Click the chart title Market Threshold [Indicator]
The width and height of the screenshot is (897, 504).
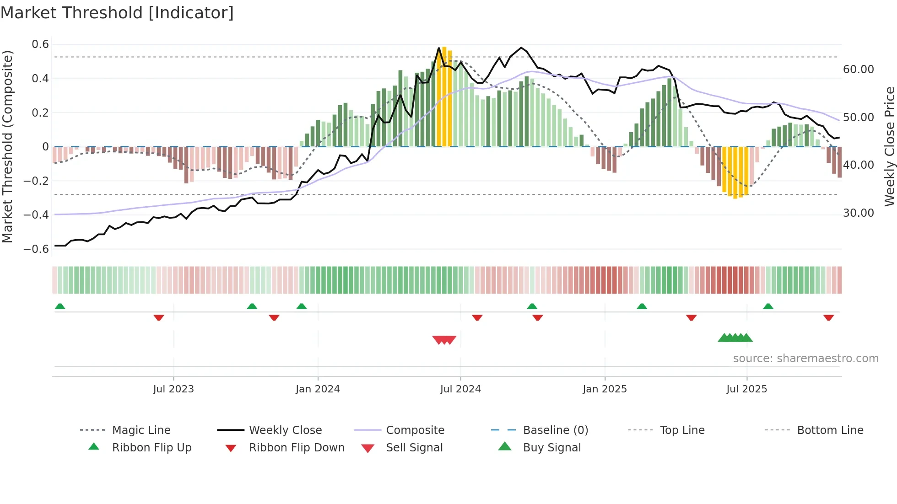pos(117,13)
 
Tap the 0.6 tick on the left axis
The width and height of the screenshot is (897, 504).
pos(40,44)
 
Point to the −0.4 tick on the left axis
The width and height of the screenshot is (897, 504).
pos(36,214)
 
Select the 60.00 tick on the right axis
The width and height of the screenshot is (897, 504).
pos(858,70)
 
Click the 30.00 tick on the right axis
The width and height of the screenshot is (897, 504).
pos(858,213)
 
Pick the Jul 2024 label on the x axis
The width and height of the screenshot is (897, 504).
pos(460,389)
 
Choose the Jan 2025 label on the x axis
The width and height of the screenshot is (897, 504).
pos(605,389)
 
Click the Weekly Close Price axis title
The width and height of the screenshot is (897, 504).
pos(889,146)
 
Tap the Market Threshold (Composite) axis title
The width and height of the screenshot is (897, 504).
pos(7,146)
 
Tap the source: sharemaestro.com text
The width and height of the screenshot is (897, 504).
pos(805,359)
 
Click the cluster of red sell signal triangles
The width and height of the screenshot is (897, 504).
pos(444,340)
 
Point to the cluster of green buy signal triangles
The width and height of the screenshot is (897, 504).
pos(735,338)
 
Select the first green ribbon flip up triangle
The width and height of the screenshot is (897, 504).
pos(60,306)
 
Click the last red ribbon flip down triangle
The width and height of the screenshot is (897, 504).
pos(828,317)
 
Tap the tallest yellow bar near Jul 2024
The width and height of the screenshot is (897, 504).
pos(444,96)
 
